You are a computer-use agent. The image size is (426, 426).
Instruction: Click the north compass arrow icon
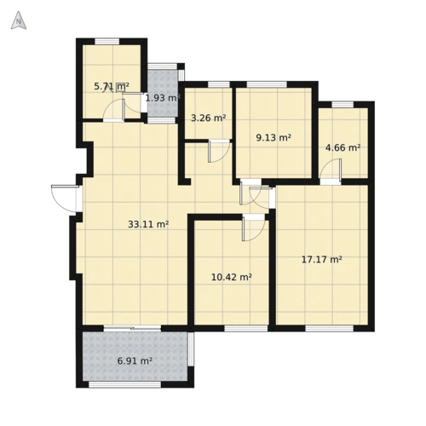19,20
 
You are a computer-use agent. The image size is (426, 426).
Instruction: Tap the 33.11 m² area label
148,224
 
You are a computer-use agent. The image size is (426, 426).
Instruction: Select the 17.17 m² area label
321,259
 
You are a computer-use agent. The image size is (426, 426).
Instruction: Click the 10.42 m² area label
232,277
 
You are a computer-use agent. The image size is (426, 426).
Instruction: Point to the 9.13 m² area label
273,138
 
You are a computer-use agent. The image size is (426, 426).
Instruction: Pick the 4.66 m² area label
343,147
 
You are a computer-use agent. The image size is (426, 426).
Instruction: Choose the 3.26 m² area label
209,118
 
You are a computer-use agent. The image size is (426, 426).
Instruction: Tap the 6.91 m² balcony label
135,361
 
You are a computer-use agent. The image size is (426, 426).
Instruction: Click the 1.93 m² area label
163,98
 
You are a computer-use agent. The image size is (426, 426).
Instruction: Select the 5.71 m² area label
112,86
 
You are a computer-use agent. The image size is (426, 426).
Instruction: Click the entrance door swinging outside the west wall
64,199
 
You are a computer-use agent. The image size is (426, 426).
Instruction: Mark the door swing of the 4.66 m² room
331,170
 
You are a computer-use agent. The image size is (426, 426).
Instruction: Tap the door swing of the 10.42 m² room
254,228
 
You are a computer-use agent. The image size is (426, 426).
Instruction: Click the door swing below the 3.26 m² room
219,151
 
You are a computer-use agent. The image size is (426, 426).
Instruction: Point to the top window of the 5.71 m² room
106,42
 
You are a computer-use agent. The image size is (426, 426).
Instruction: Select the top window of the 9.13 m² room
267,84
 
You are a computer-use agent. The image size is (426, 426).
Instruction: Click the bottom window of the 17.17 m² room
330,329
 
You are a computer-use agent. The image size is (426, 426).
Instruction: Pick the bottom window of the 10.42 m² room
246,329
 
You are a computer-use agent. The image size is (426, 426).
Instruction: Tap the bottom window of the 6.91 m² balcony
125,384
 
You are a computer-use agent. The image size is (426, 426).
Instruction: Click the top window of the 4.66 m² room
343,105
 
